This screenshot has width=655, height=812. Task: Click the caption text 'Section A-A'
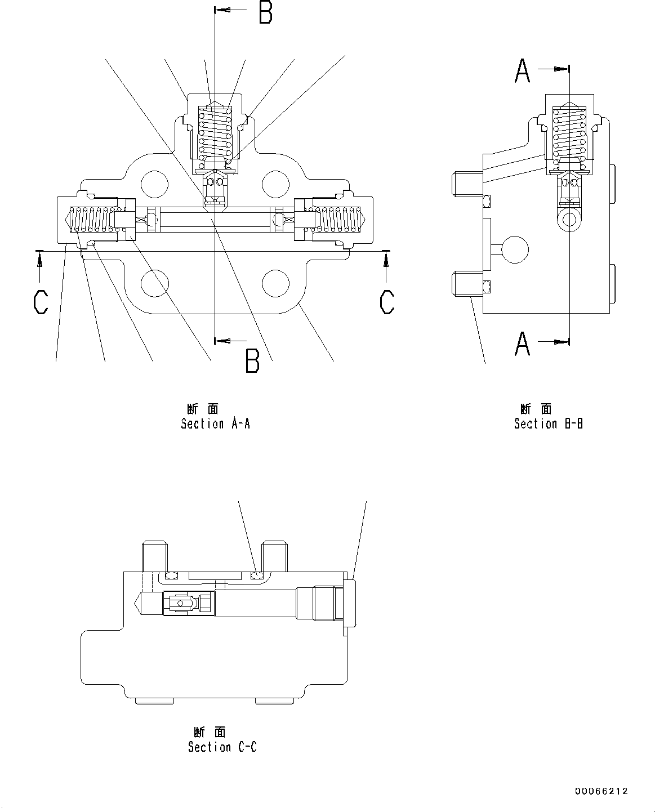click(215, 423)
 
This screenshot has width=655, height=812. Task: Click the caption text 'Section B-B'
click(548, 423)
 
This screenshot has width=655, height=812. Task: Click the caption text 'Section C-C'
click(222, 747)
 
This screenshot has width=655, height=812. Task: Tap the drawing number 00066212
click(601, 791)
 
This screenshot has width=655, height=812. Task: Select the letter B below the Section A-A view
click(252, 362)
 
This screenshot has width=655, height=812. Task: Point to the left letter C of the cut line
click(41, 302)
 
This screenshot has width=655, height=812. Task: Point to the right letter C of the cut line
click(386, 302)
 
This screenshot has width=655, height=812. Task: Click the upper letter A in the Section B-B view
click(523, 71)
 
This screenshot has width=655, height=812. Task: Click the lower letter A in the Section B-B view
click(523, 343)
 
